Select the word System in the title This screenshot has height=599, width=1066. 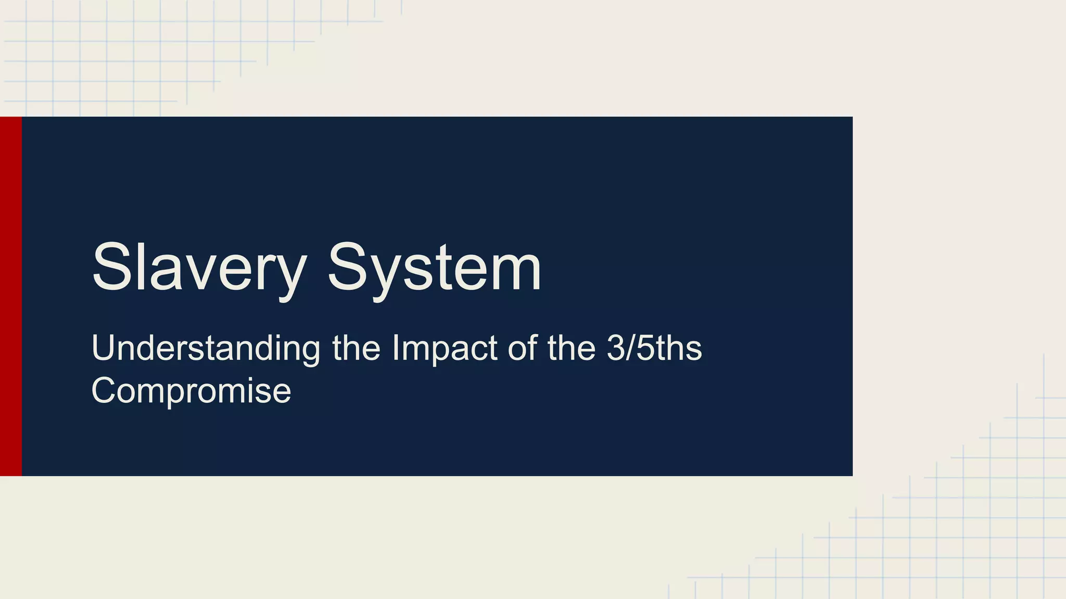pos(435,268)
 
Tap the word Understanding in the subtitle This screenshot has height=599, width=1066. pos(206,348)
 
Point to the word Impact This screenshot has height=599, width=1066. pos(445,348)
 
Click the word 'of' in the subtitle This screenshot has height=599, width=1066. pos(523,348)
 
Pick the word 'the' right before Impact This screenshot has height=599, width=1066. pos(357,348)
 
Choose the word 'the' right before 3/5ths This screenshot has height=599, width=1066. pos(572,348)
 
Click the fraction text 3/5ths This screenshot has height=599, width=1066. pos(654,348)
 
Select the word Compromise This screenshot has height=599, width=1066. pos(191,390)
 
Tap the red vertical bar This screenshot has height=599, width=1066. pos(11,296)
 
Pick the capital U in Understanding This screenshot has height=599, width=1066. pos(104,348)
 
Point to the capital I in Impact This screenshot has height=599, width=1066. pos(396,348)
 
